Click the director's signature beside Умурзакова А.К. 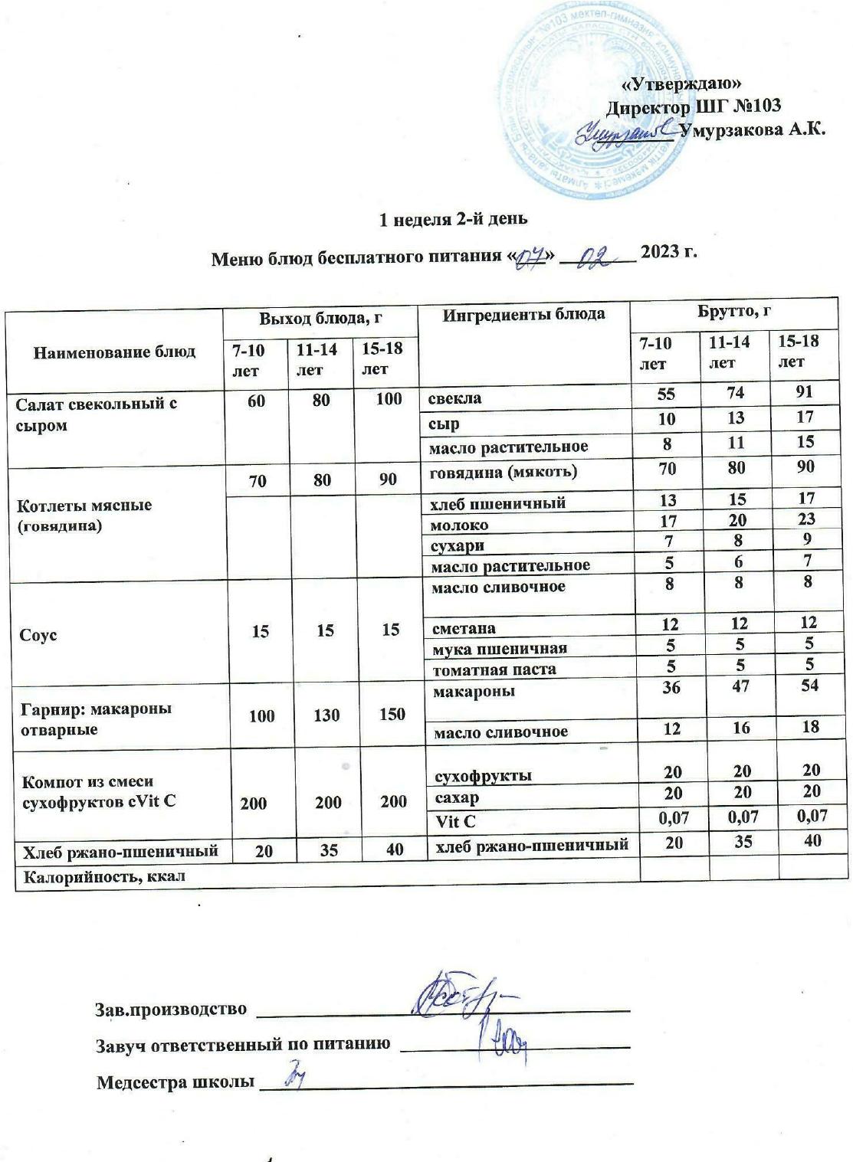pos(625,133)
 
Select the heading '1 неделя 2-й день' pos(454,220)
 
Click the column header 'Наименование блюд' pos(114,352)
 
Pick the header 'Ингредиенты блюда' pos(524,313)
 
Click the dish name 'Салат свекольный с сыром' pos(96,414)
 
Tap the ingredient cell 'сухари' pos(458,545)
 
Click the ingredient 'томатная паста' pos(494,669)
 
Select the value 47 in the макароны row pos(740,686)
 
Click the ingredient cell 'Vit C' pos(455,821)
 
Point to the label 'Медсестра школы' pos(175,1082)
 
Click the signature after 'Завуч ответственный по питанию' pos(506,1039)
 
